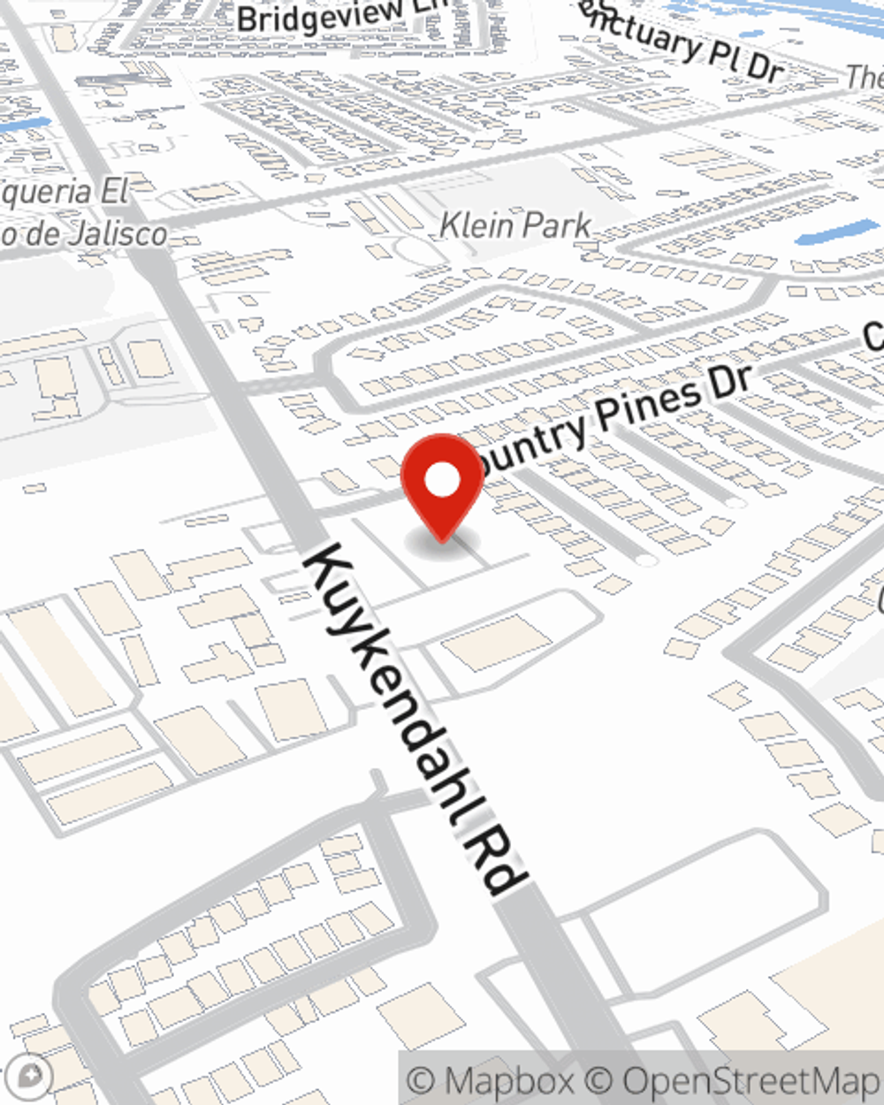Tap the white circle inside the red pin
[x=442, y=481]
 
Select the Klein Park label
[x=515, y=225]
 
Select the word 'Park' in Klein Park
[x=554, y=225]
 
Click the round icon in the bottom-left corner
[x=29, y=1076]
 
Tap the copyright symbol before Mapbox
[x=423, y=1080]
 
